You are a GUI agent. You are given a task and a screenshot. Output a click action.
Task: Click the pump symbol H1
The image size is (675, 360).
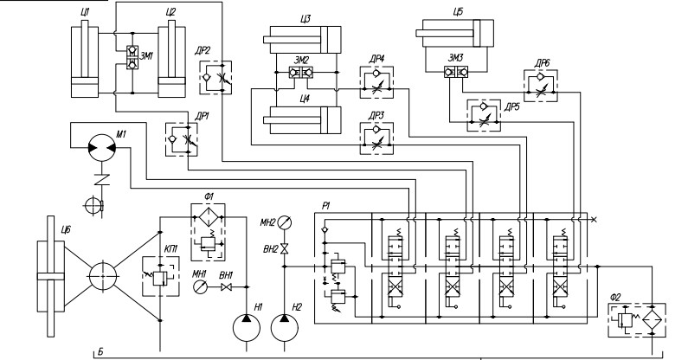pos(247,328)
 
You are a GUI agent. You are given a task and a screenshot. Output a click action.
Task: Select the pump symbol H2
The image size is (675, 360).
pos(284,328)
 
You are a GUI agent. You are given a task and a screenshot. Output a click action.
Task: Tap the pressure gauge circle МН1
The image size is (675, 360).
pos(200,286)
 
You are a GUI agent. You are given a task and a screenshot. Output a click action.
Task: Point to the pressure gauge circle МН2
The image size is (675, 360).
pos(284,222)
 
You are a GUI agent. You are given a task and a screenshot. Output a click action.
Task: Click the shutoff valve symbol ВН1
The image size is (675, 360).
pos(227,286)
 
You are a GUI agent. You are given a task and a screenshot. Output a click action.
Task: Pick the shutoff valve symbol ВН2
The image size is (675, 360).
pos(284,249)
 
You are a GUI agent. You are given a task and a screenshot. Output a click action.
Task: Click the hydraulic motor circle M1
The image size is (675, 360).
pos(101,148)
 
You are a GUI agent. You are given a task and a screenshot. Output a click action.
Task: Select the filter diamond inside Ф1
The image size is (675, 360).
pos(209,217)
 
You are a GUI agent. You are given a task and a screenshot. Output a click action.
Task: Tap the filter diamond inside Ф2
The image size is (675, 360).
pos(652,321)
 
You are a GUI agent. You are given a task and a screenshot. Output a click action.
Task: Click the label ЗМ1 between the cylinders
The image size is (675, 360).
pos(147,55)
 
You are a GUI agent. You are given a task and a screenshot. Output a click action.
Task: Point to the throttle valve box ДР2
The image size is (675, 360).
pos(215,78)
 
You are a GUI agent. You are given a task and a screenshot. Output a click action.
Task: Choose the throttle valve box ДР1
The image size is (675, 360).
pos(181,139)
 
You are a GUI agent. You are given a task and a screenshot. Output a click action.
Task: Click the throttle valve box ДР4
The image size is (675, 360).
pos(376,83)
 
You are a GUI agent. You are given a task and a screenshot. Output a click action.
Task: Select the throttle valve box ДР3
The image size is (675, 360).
pos(376,138)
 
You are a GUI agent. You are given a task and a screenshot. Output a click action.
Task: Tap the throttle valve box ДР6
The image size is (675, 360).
pos(541,87)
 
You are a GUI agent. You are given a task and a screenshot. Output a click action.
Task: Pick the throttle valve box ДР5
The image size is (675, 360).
pos(484,115)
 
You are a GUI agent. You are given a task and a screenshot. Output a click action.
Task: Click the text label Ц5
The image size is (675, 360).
pos(458,12)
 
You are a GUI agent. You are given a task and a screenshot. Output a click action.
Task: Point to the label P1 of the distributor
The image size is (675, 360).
pos(326,206)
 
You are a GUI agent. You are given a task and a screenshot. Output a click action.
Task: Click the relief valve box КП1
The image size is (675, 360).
pos(161,276)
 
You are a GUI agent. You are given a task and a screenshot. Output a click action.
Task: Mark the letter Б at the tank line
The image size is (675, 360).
pos(100,352)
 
